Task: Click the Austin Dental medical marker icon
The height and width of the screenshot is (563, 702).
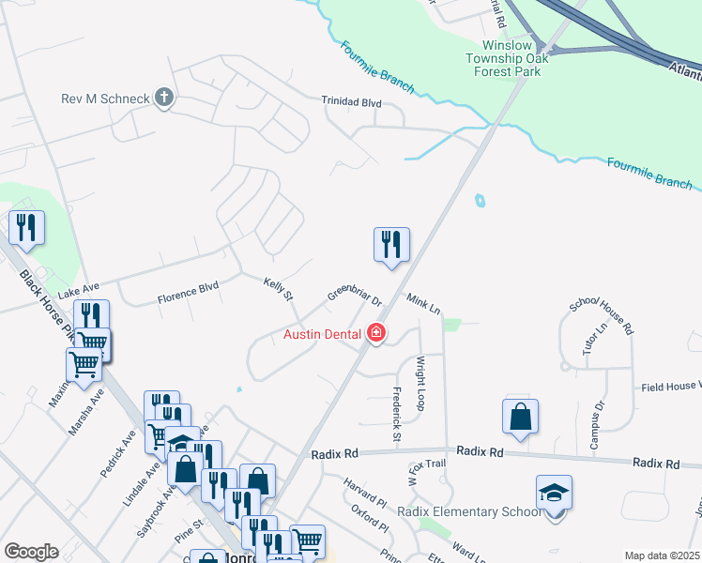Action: [x=376, y=333]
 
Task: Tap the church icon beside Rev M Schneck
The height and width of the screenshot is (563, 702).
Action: [x=164, y=97]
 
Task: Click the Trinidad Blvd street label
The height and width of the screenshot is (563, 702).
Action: [x=351, y=100]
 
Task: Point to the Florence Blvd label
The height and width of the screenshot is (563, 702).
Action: [x=188, y=294]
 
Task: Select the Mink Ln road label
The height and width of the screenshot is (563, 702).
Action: [x=423, y=302]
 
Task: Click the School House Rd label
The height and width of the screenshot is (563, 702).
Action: [x=602, y=318]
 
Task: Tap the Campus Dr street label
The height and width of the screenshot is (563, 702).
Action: [x=595, y=427]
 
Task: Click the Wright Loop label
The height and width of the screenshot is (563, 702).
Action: [x=420, y=384]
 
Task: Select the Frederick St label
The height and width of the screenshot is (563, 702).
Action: [x=396, y=418]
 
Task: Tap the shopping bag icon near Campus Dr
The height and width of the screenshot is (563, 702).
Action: [x=520, y=416]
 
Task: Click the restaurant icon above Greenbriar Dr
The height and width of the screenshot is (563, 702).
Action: [x=391, y=244]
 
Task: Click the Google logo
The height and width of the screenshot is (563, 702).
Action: [x=31, y=552]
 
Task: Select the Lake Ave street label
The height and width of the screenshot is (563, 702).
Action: [x=79, y=294]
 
